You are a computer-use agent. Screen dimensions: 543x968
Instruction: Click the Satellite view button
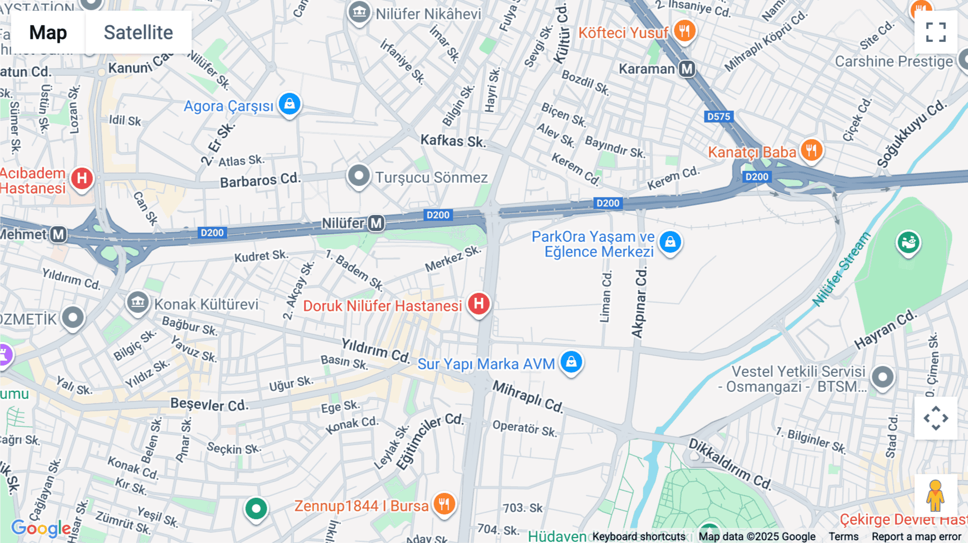[138, 32]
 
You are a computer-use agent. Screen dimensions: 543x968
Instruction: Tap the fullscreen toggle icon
[936, 32]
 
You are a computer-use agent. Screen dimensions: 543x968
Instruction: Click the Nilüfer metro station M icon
[376, 223]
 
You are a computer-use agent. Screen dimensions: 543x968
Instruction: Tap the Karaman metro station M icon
[687, 69]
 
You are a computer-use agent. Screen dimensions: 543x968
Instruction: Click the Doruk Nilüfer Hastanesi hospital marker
[478, 304]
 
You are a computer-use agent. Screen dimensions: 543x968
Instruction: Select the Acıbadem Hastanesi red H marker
[82, 178]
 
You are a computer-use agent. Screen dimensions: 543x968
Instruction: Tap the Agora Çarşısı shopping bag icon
[289, 104]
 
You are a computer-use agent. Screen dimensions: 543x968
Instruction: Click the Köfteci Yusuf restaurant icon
[684, 31]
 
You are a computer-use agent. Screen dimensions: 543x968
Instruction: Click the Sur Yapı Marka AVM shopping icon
[571, 362]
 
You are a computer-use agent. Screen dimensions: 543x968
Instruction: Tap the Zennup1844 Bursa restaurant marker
[444, 504]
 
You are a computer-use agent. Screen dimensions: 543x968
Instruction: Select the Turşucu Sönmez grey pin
[359, 176]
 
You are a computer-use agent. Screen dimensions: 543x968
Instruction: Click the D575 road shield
[718, 116]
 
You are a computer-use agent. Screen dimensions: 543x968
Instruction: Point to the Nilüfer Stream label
[841, 269]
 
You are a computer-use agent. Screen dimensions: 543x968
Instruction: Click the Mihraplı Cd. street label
[528, 397]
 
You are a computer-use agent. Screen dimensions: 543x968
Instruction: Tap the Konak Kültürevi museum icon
[138, 303]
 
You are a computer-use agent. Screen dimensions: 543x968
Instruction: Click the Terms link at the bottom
[843, 537]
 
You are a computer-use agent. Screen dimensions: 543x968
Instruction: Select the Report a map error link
[916, 537]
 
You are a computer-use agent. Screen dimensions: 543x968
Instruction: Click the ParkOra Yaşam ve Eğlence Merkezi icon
[670, 242]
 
